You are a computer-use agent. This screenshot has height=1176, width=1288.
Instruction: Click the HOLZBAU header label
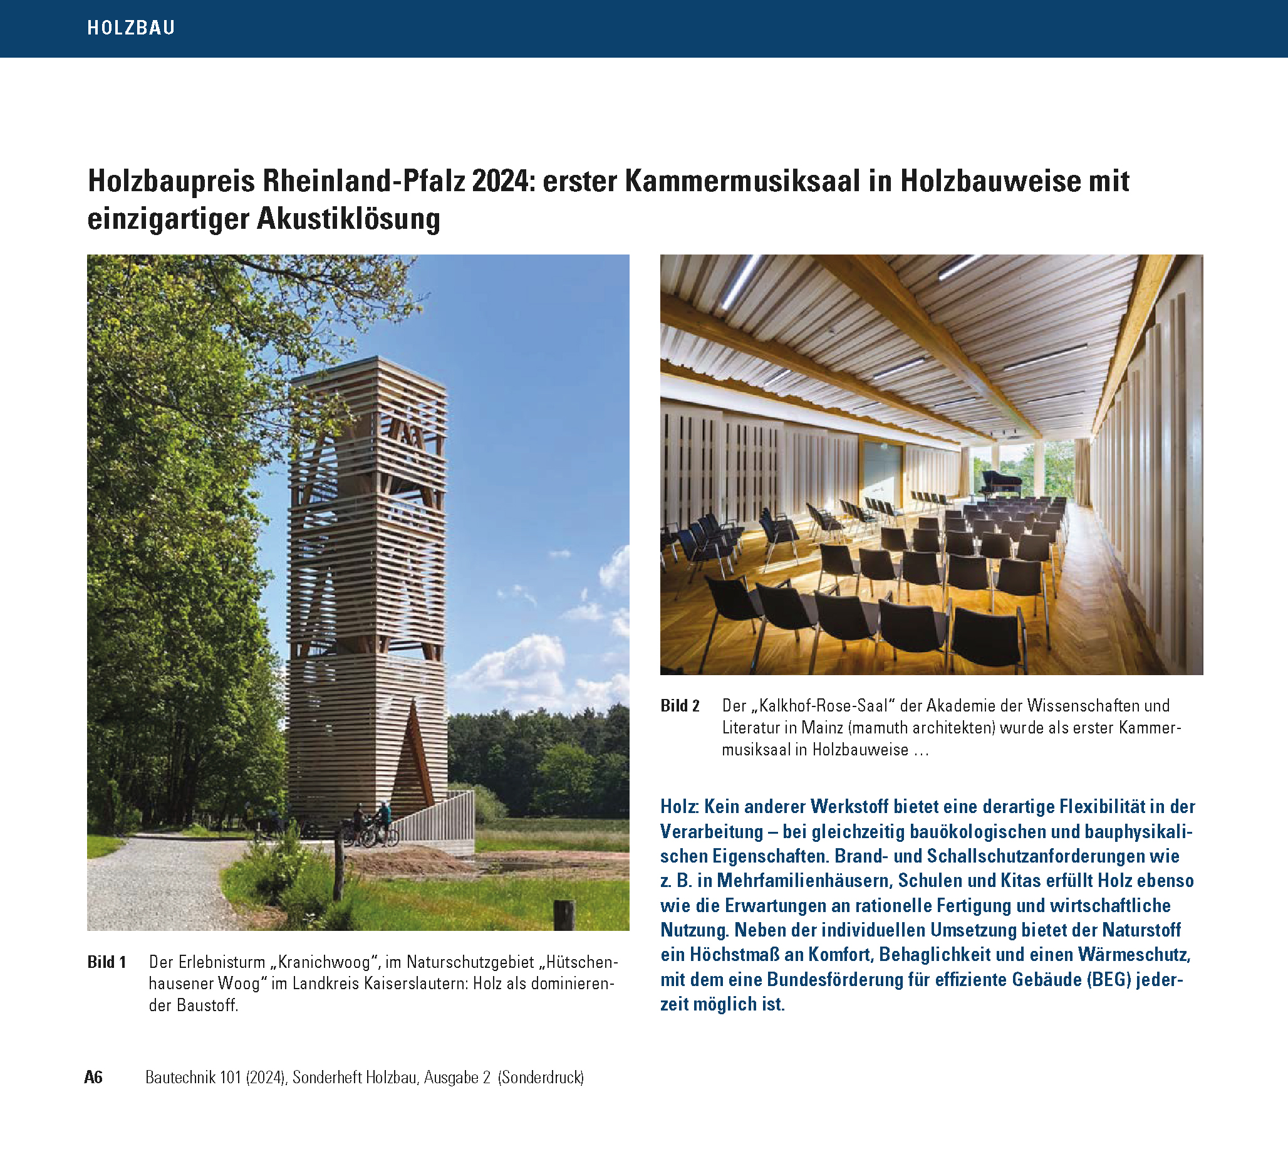[131, 28]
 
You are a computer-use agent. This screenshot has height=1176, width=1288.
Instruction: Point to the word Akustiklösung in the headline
[349, 219]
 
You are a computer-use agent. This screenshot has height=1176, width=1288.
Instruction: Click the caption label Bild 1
[106, 962]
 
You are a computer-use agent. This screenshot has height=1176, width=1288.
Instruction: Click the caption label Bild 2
[680, 706]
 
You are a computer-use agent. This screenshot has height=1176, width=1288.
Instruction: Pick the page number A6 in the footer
[93, 1078]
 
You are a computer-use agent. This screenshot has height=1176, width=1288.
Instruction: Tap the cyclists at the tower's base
[371, 825]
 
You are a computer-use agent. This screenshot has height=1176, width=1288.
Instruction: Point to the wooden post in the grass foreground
[564, 914]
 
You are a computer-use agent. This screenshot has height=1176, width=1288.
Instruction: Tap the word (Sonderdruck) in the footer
[541, 1078]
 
